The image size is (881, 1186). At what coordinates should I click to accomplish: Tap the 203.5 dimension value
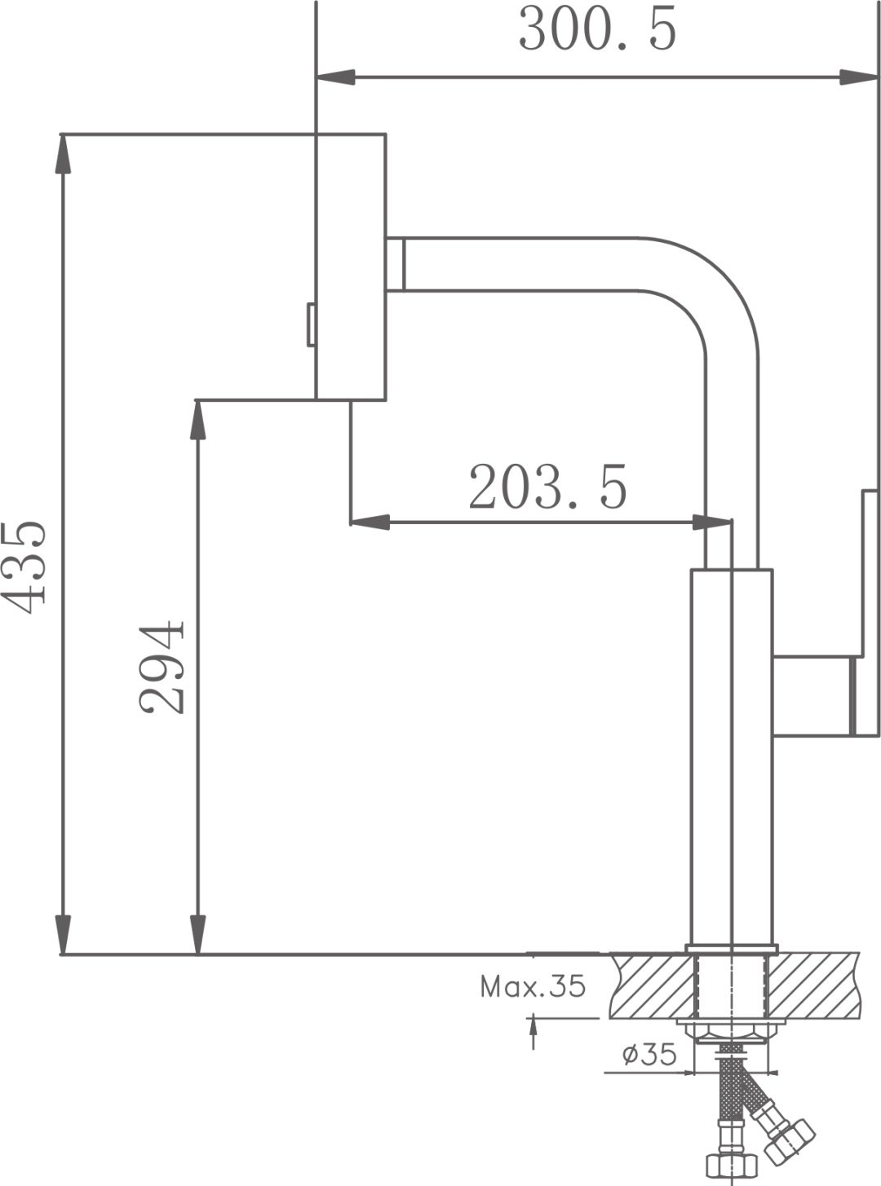pyautogui.click(x=547, y=487)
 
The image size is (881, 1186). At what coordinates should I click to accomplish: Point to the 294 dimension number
pyautogui.click(x=161, y=668)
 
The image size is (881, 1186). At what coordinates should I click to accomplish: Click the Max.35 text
pyautogui.click(x=533, y=987)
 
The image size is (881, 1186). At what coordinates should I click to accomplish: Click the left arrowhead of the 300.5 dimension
pyautogui.click(x=337, y=77)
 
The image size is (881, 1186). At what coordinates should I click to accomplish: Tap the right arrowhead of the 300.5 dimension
pyautogui.click(x=859, y=77)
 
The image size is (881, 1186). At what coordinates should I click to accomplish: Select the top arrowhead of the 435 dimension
pyautogui.click(x=64, y=154)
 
